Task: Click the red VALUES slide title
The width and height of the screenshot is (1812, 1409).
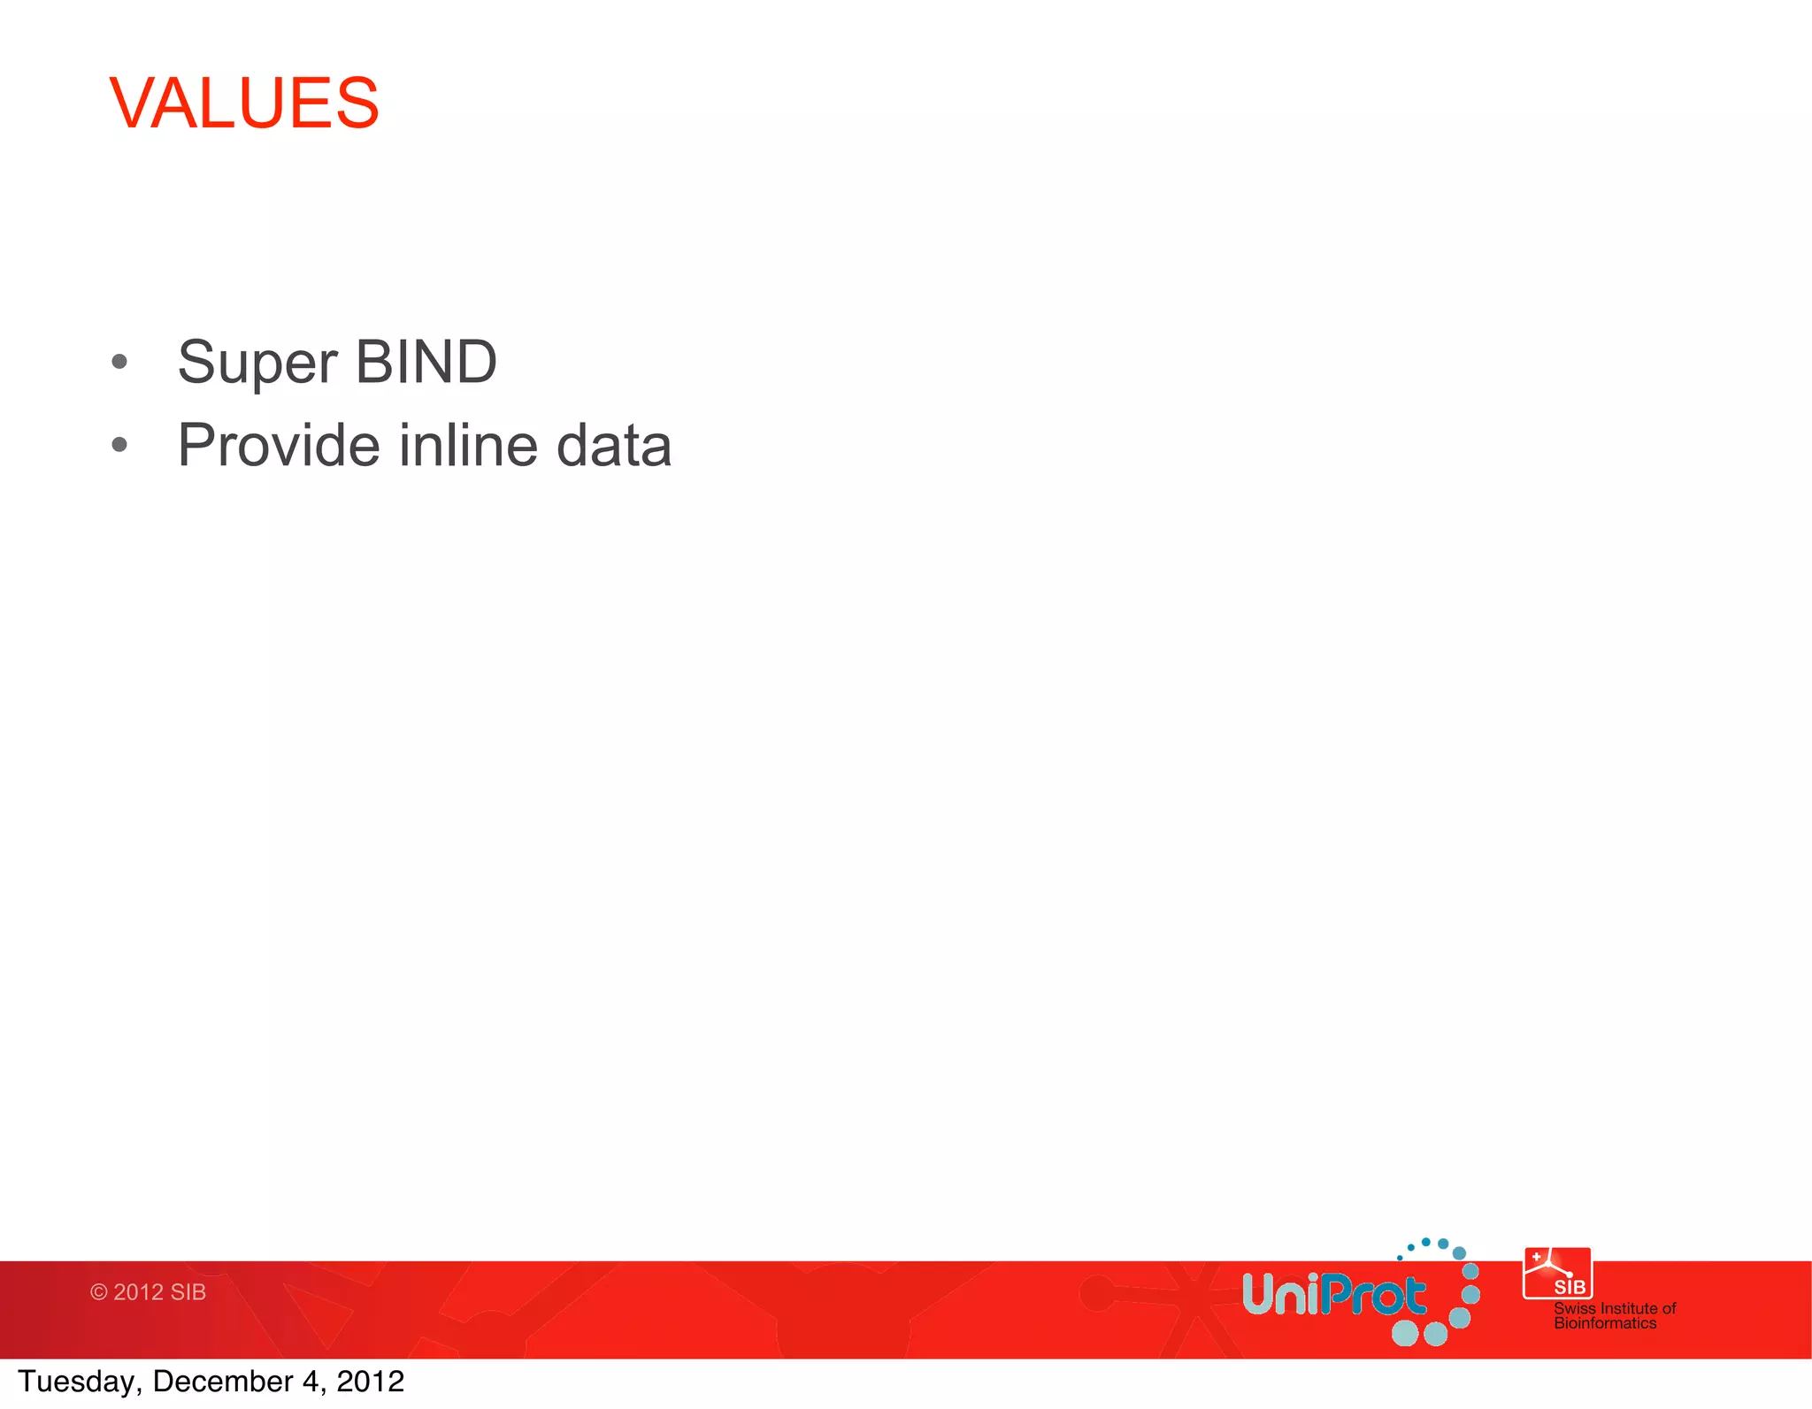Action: [244, 103]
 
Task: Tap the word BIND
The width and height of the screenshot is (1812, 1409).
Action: [426, 362]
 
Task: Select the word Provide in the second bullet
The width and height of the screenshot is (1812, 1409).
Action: [278, 445]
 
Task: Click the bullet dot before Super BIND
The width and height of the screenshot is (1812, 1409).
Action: [119, 362]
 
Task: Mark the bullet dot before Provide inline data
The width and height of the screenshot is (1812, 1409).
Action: [119, 445]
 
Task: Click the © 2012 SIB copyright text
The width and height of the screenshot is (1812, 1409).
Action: [148, 1292]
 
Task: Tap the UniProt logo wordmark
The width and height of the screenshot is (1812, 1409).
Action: [1333, 1296]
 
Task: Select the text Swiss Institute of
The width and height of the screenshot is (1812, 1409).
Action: [1615, 1308]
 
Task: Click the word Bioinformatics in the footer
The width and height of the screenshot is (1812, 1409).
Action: [1605, 1323]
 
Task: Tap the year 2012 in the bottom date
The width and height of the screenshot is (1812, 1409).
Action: [370, 1382]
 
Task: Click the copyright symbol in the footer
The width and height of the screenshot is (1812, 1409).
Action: [99, 1292]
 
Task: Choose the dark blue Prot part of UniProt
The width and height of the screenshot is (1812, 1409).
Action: [1376, 1296]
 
